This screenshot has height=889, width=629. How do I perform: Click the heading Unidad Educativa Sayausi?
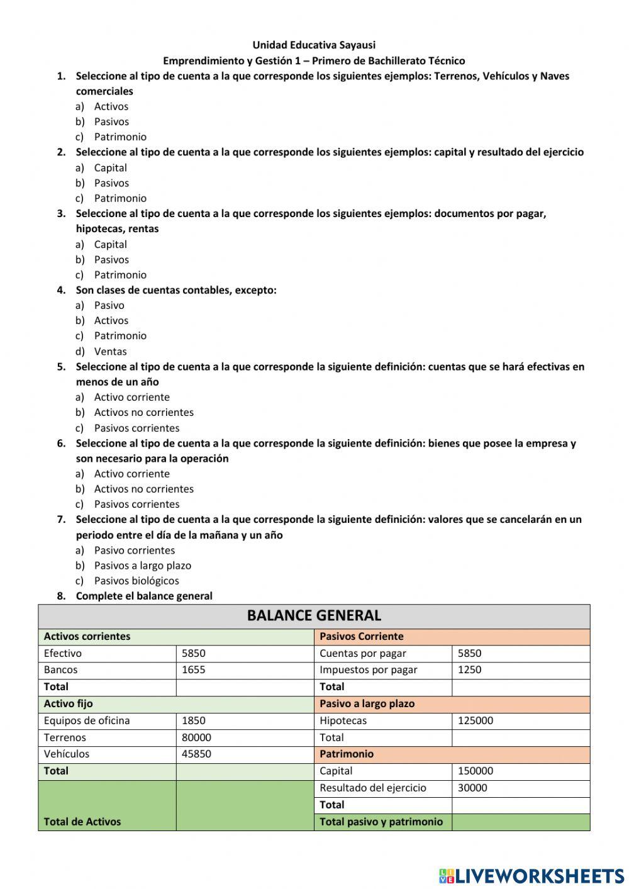click(x=314, y=45)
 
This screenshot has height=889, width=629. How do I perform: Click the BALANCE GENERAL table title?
click(x=314, y=615)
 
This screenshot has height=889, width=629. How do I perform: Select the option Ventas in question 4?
click(x=110, y=351)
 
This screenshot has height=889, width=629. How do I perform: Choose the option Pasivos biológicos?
click(x=136, y=581)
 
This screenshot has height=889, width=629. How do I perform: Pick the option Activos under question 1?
click(x=111, y=106)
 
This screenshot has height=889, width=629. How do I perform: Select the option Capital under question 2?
click(x=110, y=167)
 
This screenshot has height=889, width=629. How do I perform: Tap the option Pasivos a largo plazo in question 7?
click(x=142, y=566)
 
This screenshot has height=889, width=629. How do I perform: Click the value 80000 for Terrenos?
click(x=196, y=737)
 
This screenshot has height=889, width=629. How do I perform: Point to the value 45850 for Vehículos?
click(x=196, y=754)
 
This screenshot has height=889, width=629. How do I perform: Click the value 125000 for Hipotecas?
click(x=475, y=720)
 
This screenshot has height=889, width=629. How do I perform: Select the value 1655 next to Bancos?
click(x=193, y=669)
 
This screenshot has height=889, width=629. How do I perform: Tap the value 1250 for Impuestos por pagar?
click(x=469, y=669)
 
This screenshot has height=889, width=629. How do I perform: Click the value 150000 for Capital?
click(x=475, y=771)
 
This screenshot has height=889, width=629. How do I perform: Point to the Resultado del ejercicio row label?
click(x=372, y=788)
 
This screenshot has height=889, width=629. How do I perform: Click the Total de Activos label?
click(x=82, y=821)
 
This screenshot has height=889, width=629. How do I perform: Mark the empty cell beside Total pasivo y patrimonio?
click(x=520, y=822)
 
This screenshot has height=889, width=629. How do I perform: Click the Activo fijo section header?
click(x=68, y=703)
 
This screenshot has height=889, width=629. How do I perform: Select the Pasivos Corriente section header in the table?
click(x=361, y=636)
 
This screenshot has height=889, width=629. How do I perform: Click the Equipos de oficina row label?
click(x=87, y=720)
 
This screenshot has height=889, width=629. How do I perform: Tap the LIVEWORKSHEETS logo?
click(x=532, y=875)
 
